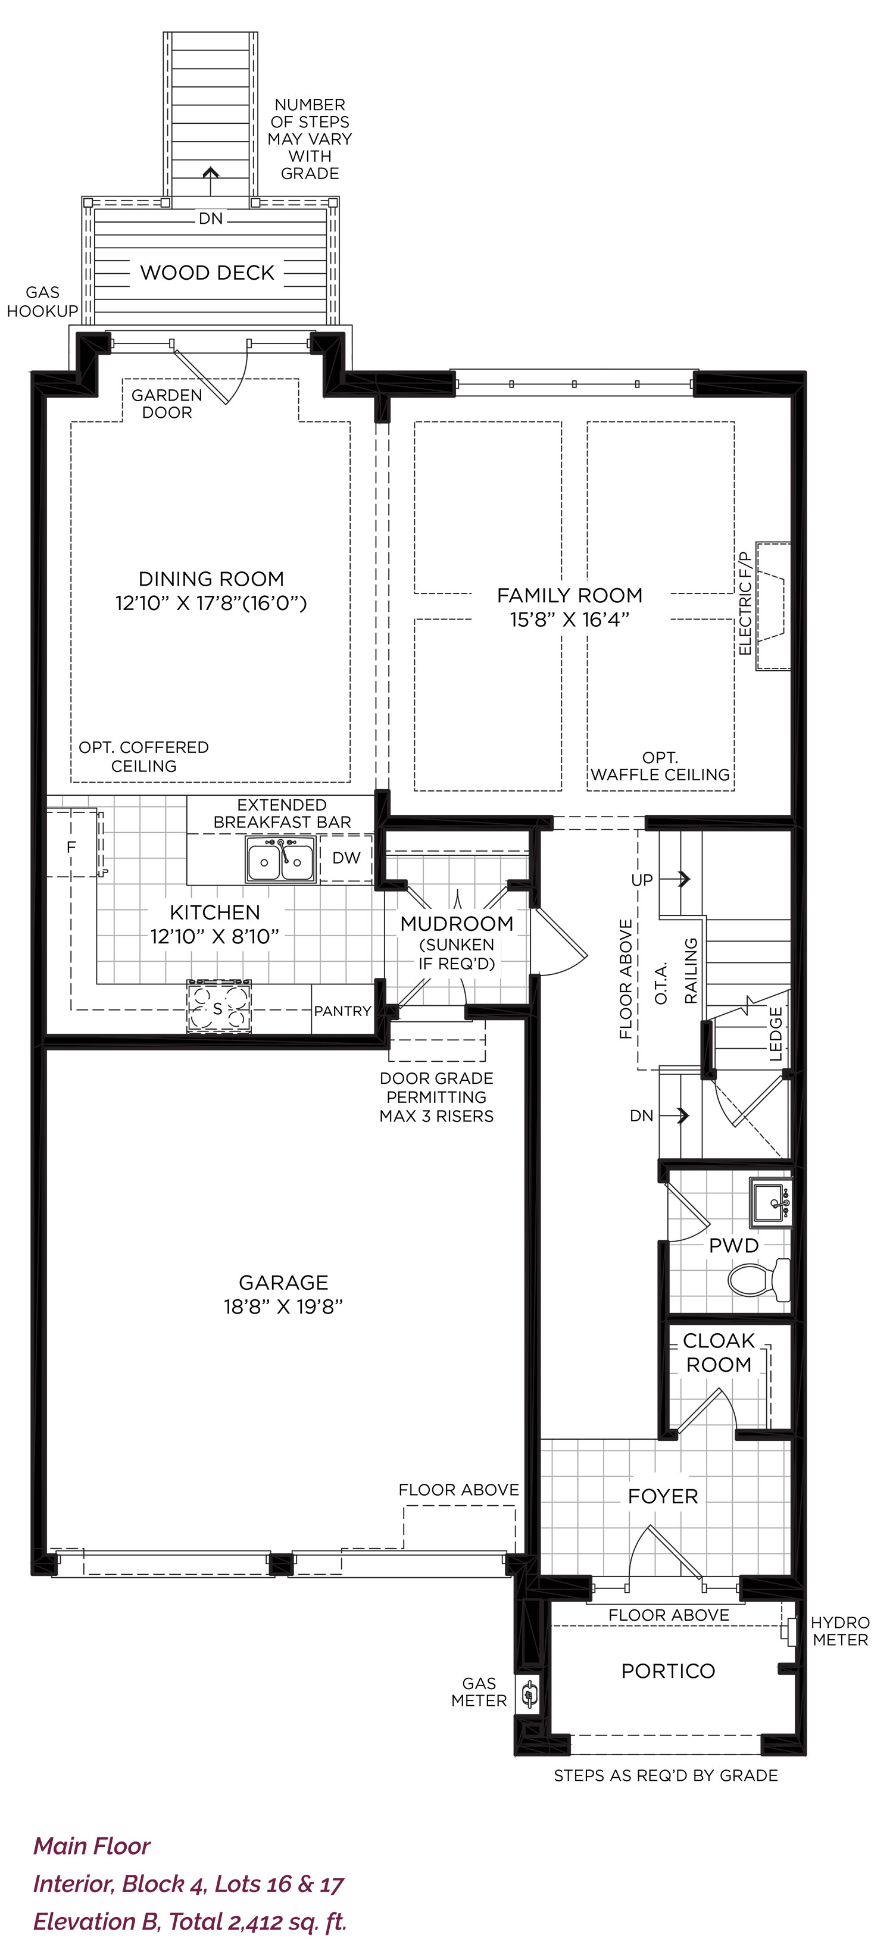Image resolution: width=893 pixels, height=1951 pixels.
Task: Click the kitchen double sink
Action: pyautogui.click(x=280, y=859)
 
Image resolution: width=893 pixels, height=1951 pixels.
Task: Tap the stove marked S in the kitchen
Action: pyautogui.click(x=219, y=1006)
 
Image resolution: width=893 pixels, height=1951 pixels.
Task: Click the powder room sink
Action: pyautogui.click(x=770, y=1202)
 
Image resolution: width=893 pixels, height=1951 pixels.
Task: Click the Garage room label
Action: pyautogui.click(x=283, y=1282)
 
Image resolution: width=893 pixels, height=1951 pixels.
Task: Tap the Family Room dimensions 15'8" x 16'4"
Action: pyautogui.click(x=570, y=620)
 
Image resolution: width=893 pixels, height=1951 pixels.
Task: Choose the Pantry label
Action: pyautogui.click(x=342, y=1011)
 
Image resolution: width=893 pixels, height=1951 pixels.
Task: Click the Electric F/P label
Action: pyautogui.click(x=745, y=604)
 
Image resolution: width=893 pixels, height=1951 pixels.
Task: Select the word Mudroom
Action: pyautogui.click(x=457, y=923)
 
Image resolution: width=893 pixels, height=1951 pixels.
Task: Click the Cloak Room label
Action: pyautogui.click(x=719, y=1353)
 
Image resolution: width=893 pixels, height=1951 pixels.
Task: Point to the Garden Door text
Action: pyautogui.click(x=167, y=404)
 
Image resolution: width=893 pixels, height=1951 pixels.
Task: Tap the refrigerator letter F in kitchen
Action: pyautogui.click(x=71, y=847)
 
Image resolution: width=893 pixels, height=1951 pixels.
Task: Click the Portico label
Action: pyautogui.click(x=668, y=1671)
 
